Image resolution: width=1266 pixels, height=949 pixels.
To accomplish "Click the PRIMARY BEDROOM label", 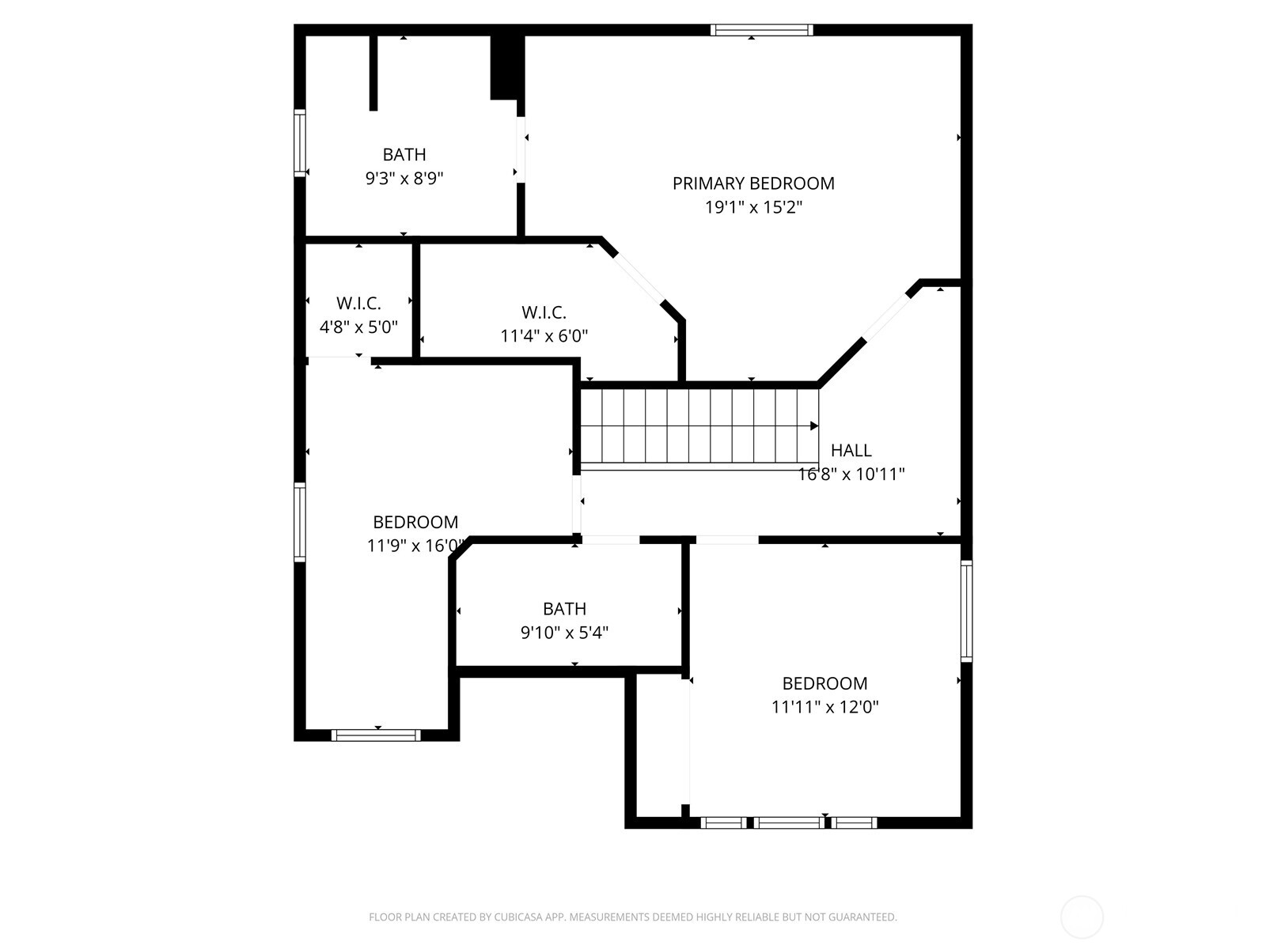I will click(753, 183).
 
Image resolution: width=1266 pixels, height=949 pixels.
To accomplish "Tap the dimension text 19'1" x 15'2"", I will click(753, 208).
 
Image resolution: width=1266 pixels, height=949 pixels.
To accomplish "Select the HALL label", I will click(851, 451).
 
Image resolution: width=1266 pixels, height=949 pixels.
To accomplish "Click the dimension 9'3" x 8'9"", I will click(404, 179).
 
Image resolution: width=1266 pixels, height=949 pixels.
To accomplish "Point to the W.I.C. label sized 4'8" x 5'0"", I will click(358, 304).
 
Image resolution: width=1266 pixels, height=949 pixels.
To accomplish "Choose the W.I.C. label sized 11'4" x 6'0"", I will click(544, 312).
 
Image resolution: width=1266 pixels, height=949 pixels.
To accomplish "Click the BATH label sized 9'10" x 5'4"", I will click(564, 609).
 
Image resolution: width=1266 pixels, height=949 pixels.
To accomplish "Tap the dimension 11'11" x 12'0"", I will click(825, 707).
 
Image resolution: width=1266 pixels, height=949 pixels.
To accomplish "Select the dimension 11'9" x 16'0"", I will click(415, 546).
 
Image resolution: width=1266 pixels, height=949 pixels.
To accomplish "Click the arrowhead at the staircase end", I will click(814, 426).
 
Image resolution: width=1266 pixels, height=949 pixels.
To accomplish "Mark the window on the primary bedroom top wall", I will click(761, 30).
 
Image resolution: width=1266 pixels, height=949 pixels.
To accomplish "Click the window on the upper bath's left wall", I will click(300, 142).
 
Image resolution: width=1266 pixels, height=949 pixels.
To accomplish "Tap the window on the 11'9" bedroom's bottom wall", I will click(376, 735).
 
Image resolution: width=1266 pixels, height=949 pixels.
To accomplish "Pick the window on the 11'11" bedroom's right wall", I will click(966, 610).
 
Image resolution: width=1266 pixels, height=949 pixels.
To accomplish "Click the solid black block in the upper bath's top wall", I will click(506, 66).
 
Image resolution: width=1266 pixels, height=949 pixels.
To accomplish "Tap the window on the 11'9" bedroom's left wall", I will click(300, 522).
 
